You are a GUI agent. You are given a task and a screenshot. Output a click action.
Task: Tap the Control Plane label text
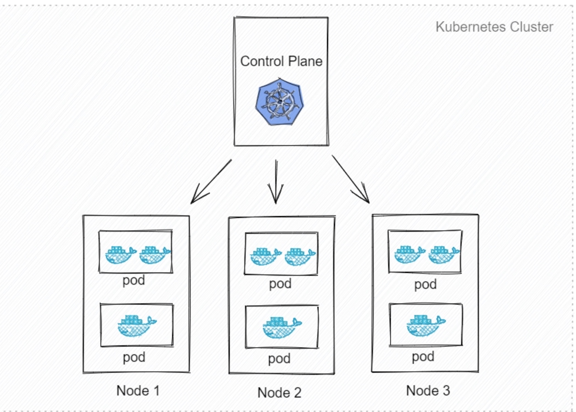(x=281, y=61)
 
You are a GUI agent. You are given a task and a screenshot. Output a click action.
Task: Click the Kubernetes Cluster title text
(x=494, y=27)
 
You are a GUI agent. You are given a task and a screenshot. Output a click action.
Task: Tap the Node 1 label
(x=138, y=391)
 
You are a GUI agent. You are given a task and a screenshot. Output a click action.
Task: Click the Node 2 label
(x=279, y=392)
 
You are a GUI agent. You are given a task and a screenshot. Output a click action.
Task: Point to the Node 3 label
(x=428, y=391)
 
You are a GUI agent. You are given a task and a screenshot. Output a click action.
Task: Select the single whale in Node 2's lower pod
(x=281, y=327)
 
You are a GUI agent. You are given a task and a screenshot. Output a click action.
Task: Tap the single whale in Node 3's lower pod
(x=425, y=325)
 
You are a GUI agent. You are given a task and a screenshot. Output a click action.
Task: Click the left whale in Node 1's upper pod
(x=120, y=255)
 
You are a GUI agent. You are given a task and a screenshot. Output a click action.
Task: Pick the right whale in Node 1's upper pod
(x=154, y=255)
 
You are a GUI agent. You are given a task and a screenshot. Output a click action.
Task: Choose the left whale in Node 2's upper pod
(x=265, y=257)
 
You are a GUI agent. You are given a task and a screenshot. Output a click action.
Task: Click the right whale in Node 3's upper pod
(x=444, y=255)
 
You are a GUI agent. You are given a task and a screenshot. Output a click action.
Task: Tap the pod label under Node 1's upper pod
(x=134, y=280)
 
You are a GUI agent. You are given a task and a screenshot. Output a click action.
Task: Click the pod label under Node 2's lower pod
(x=279, y=359)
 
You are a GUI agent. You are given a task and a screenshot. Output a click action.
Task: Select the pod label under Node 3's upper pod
(x=425, y=284)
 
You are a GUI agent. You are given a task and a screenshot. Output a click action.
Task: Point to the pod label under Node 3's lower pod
(x=423, y=357)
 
